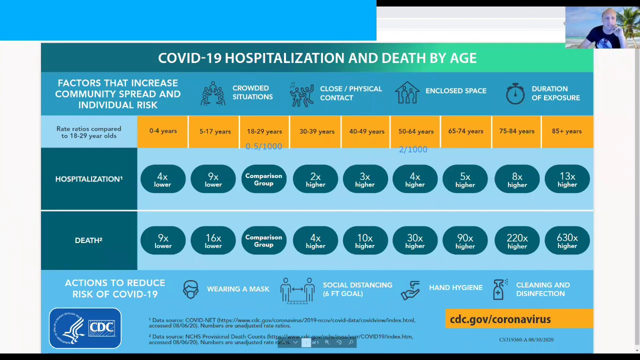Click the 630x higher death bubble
(x=567, y=241)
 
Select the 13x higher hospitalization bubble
(x=567, y=179)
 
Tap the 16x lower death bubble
(x=213, y=241)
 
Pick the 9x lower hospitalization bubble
(x=213, y=179)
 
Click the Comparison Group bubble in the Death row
(x=263, y=241)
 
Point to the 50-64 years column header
(x=415, y=131)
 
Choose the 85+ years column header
(x=566, y=131)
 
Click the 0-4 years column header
(x=163, y=131)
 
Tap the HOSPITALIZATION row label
(x=88, y=179)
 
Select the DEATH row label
(x=88, y=240)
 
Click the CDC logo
(x=85, y=328)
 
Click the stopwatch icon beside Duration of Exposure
(x=515, y=93)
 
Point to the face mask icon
(x=190, y=289)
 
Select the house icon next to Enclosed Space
(x=407, y=92)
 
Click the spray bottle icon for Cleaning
(x=499, y=289)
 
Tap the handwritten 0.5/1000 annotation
(x=263, y=146)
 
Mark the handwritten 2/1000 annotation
(x=413, y=149)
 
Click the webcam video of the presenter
(x=602, y=27)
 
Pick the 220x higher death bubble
(x=517, y=241)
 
